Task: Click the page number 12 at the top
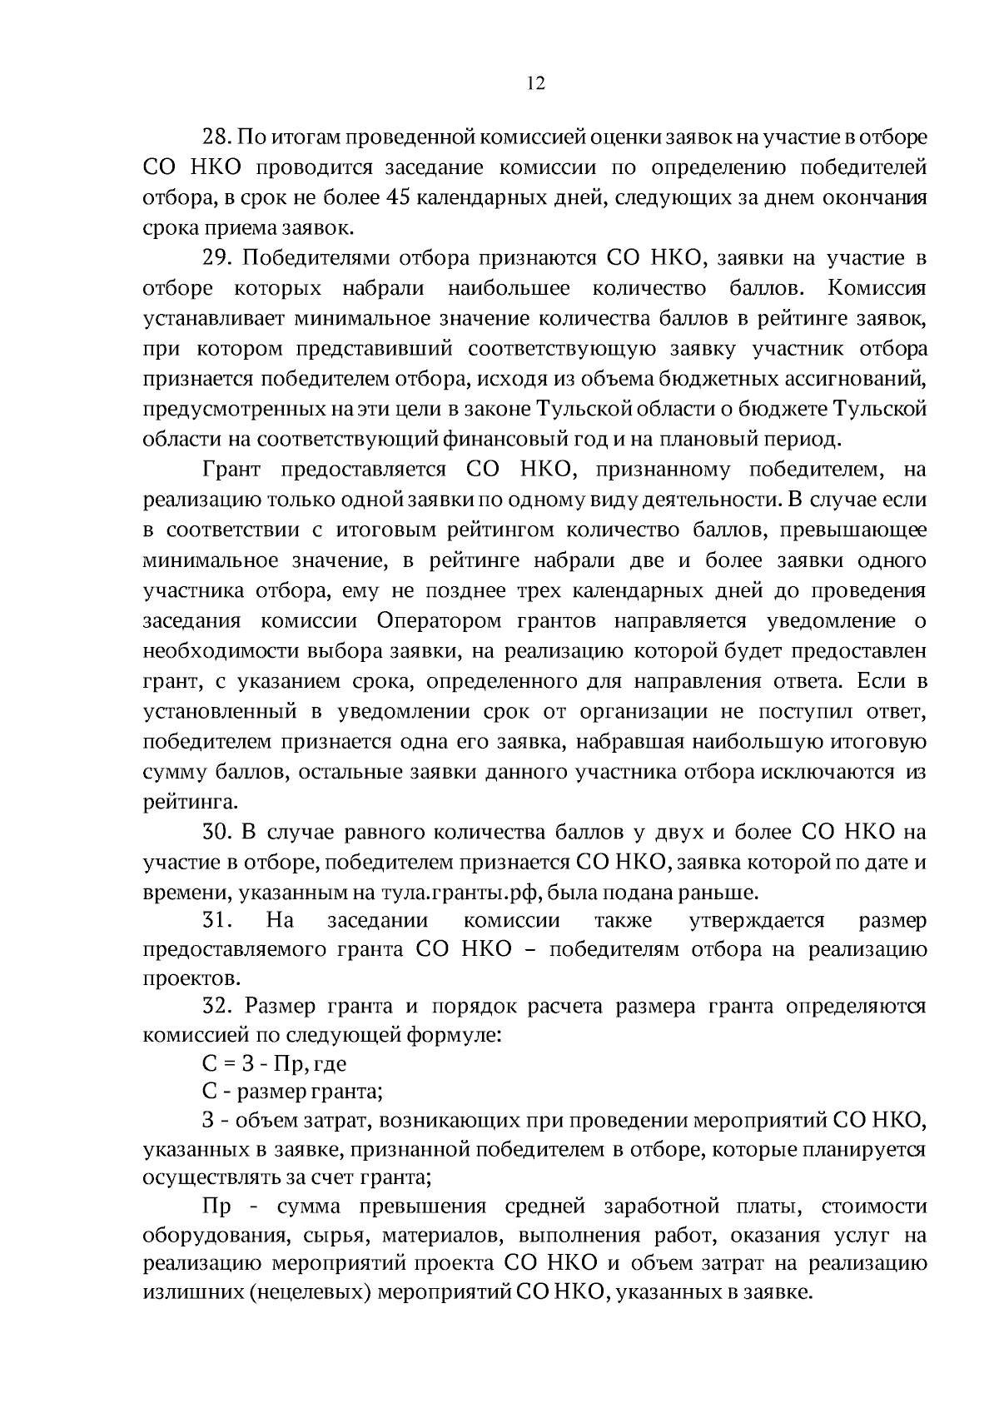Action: point(535,83)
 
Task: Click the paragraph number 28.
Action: point(217,137)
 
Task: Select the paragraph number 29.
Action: point(217,258)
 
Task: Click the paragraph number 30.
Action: point(217,832)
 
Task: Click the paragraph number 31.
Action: point(217,921)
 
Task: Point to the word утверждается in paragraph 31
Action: point(757,921)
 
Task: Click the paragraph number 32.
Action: point(217,1006)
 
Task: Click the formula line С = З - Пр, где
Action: point(274,1063)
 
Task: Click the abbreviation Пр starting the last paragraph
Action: point(216,1207)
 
